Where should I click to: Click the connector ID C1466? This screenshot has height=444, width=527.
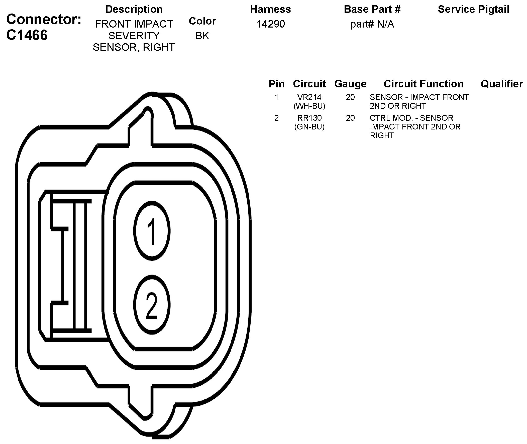pyautogui.click(x=27, y=35)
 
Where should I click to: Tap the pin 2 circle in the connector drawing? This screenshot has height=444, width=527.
pyautogui.click(x=152, y=305)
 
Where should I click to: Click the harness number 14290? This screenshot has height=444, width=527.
pyautogui.click(x=271, y=24)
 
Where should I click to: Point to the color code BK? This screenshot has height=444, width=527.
pyautogui.click(x=202, y=36)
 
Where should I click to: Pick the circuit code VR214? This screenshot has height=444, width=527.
pyautogui.click(x=309, y=97)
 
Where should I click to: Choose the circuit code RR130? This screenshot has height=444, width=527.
pyautogui.click(x=309, y=118)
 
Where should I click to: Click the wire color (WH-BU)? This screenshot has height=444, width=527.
pyautogui.click(x=309, y=106)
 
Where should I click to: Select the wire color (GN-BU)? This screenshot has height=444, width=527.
pyautogui.click(x=309, y=127)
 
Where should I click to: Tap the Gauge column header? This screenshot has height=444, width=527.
pyautogui.click(x=350, y=84)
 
